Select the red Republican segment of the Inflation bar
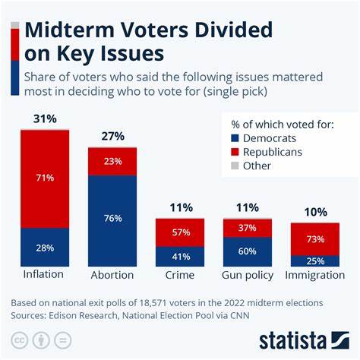[x=45, y=178]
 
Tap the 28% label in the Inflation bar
[x=45, y=248]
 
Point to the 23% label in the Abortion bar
[x=112, y=161]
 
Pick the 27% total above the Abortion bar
[x=112, y=137]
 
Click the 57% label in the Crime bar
[x=180, y=232]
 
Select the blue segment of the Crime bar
[x=180, y=257]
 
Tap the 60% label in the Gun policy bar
[x=247, y=252]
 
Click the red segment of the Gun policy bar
[x=247, y=228]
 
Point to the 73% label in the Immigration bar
[x=314, y=239]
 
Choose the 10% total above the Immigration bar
[x=314, y=213]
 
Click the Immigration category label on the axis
[x=314, y=275]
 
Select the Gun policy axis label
[x=247, y=275]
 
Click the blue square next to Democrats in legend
[x=234, y=139]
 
